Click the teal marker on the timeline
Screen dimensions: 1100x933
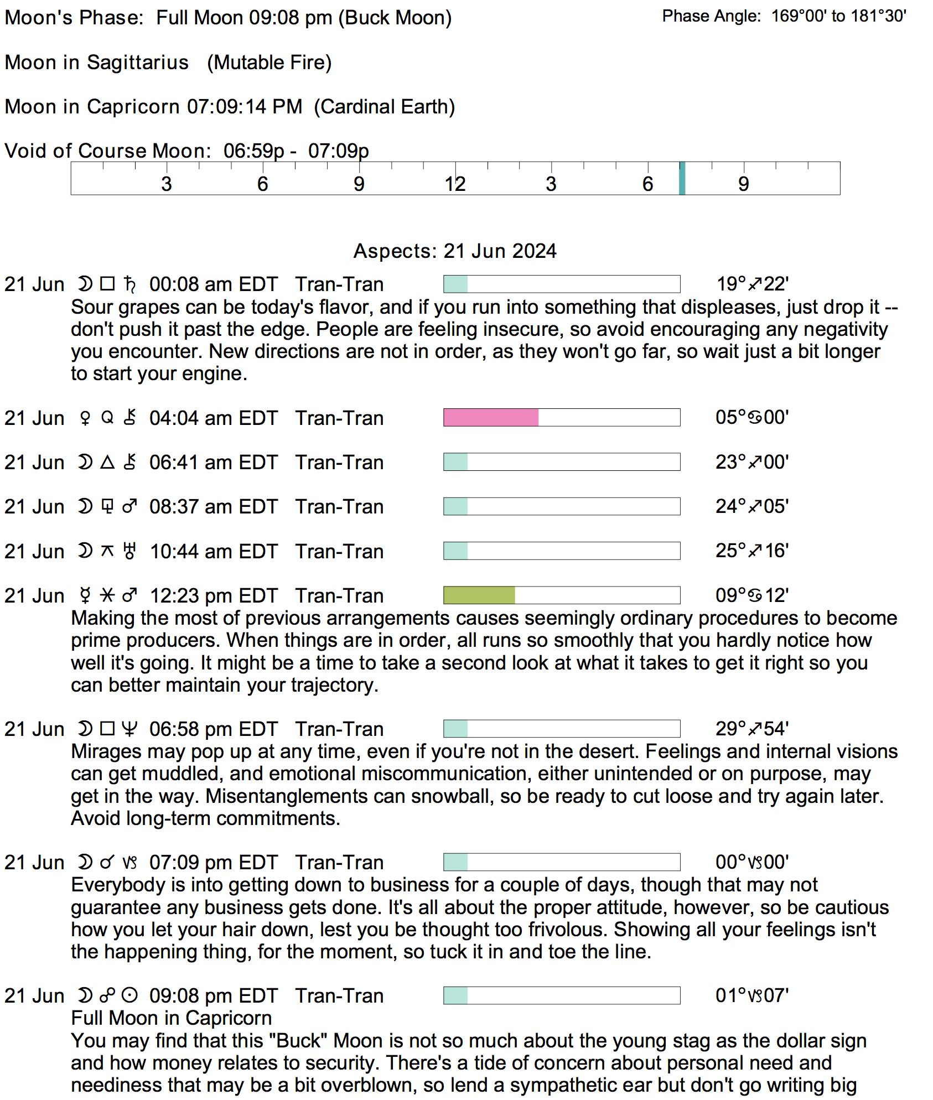682,178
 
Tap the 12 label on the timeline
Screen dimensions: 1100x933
455,184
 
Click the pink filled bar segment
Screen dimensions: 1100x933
491,418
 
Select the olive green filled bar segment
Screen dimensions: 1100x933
479,595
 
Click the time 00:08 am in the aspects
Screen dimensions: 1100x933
186,284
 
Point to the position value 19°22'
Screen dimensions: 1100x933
752,284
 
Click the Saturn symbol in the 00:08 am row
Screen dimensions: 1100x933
130,284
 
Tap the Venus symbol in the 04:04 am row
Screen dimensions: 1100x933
85,418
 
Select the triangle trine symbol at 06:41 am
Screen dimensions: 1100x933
107,462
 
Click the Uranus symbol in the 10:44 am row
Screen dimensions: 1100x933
129,551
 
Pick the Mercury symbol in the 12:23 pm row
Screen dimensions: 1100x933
85,596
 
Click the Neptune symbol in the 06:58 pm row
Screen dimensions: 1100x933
129,729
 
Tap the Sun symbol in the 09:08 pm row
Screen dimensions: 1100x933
129,996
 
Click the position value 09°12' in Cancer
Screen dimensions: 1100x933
752,596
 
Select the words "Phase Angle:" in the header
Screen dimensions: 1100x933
712,17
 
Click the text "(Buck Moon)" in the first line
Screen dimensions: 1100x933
395,18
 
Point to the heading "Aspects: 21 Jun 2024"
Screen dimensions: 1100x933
455,251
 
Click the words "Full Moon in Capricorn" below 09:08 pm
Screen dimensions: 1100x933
172,1018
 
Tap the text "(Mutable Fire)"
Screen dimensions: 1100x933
269,63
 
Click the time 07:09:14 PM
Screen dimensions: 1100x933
245,107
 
